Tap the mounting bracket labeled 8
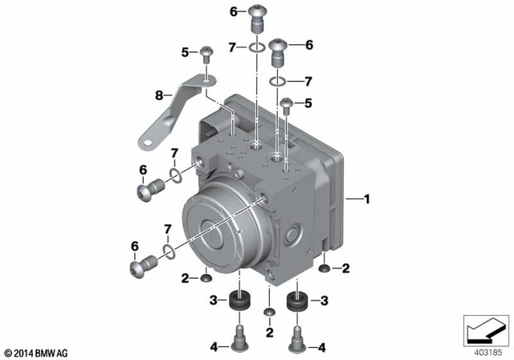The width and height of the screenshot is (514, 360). click(x=173, y=108)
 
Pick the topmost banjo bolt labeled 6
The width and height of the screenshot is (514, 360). click(x=257, y=15)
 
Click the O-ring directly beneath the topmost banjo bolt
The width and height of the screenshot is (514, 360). click(x=257, y=49)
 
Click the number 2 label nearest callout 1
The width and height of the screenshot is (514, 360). click(x=347, y=268)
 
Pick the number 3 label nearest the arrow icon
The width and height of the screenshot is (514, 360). click(x=324, y=300)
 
